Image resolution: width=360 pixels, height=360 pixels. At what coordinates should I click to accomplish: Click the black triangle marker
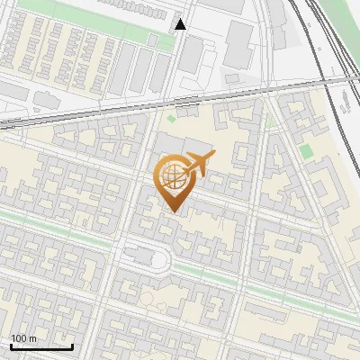[x=181, y=24]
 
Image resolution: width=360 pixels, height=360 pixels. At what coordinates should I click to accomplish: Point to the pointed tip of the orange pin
[x=172, y=211]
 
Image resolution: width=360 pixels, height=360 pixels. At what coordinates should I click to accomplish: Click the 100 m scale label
[x=24, y=338]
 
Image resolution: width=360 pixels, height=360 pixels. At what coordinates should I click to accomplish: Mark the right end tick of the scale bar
[x=72, y=346]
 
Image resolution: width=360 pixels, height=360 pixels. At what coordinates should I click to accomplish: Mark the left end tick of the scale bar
[x=11, y=346]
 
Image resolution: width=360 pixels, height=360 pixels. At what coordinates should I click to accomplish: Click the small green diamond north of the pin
[x=171, y=118]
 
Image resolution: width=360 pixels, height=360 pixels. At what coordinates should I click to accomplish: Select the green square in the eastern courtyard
[x=305, y=150]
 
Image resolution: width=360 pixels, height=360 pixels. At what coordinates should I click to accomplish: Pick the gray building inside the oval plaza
[x=142, y=256]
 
